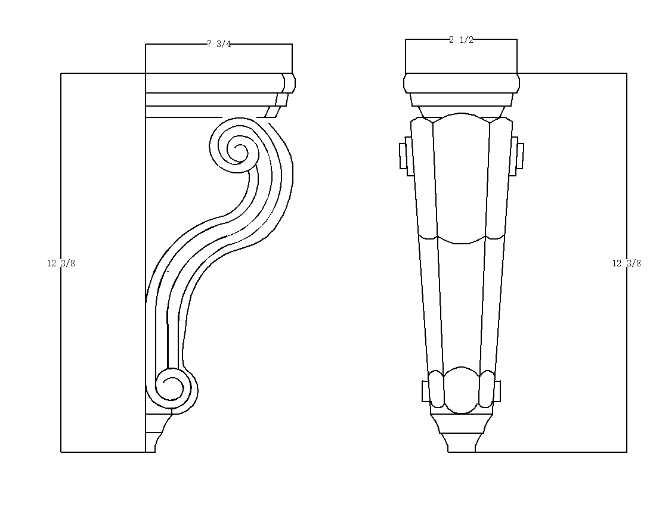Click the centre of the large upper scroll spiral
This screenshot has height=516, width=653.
240,148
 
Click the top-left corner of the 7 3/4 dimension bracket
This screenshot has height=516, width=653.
146,44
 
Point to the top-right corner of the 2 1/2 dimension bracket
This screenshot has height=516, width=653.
517,39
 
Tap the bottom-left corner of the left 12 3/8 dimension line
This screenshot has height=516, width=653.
61,452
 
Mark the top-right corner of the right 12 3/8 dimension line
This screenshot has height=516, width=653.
626,74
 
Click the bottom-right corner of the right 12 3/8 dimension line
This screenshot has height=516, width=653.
626,452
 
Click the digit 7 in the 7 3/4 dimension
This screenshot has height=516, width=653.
209,44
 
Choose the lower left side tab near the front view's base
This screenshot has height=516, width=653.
426,391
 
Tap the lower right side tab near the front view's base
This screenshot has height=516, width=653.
496,391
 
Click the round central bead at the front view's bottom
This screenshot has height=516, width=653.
461,390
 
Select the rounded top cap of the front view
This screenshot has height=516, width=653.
462,83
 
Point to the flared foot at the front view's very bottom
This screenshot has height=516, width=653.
462,442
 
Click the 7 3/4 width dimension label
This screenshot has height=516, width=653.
219,44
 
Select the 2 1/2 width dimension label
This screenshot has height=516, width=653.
462,40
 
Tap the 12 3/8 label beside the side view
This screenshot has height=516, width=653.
61,263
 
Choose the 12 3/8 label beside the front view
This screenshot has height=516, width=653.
626,263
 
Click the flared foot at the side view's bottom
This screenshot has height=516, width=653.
153,442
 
